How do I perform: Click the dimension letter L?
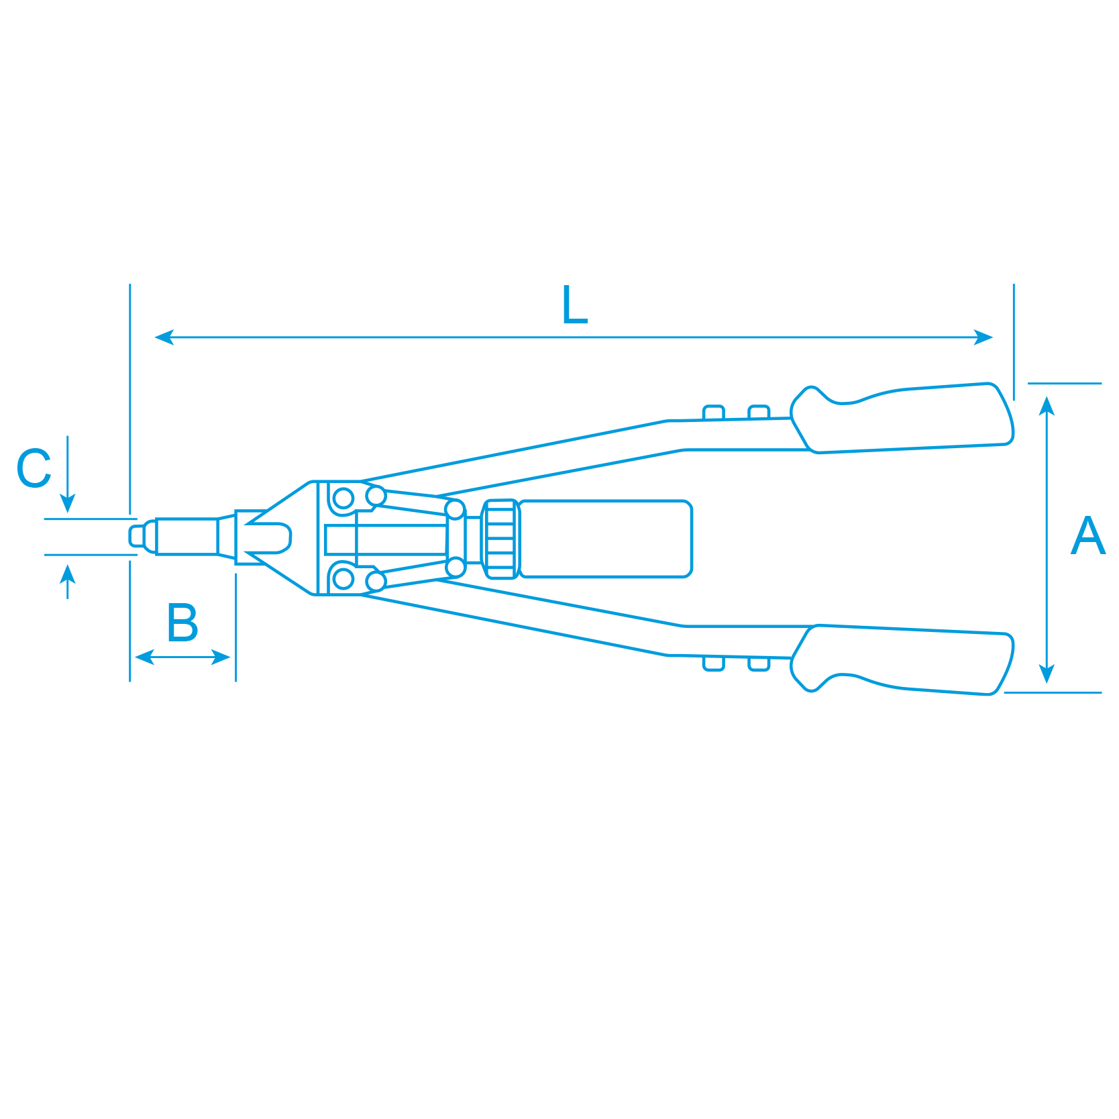(575, 305)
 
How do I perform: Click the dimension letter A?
(1087, 535)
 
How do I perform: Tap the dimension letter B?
(182, 623)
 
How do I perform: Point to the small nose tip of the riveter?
(137, 536)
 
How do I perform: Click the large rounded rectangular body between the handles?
(605, 538)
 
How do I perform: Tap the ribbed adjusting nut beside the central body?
(500, 539)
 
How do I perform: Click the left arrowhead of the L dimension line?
(164, 337)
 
